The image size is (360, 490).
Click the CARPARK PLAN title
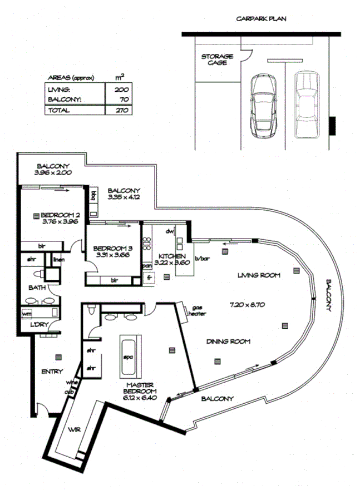point(262,18)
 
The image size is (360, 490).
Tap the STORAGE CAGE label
point(217,60)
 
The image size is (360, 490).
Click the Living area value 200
point(122,90)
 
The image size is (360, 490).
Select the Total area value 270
point(122,110)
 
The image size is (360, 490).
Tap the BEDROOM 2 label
point(62,215)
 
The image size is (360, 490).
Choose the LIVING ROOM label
point(258,275)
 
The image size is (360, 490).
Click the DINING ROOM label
point(228,341)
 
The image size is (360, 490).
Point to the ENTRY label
point(52,372)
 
